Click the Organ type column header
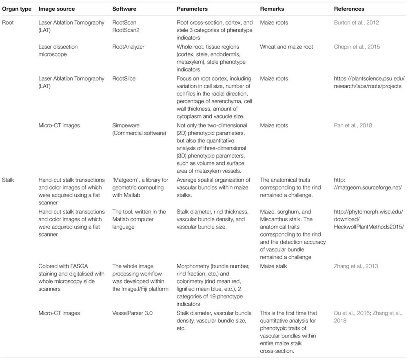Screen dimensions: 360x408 16,9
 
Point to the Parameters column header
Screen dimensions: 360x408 192,9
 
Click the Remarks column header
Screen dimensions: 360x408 272,9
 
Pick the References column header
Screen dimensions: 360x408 349,9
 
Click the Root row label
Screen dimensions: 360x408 8,22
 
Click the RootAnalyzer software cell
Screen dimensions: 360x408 130,47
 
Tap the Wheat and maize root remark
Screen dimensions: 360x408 286,47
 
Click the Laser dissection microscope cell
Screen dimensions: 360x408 58,50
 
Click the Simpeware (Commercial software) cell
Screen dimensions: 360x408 139,129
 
